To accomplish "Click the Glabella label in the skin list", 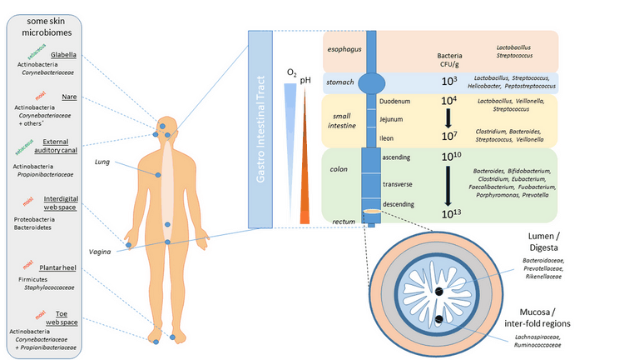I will point(64,55).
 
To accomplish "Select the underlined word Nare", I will point(70,97).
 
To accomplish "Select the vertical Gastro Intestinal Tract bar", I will point(262,129).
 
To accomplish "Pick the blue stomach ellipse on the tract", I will point(373,82).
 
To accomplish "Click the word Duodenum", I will point(394,101).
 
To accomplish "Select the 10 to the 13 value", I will point(448,214).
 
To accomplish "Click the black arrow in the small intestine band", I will point(448,119).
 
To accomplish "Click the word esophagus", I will point(344,48).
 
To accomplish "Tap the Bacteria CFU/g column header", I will point(449,62).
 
